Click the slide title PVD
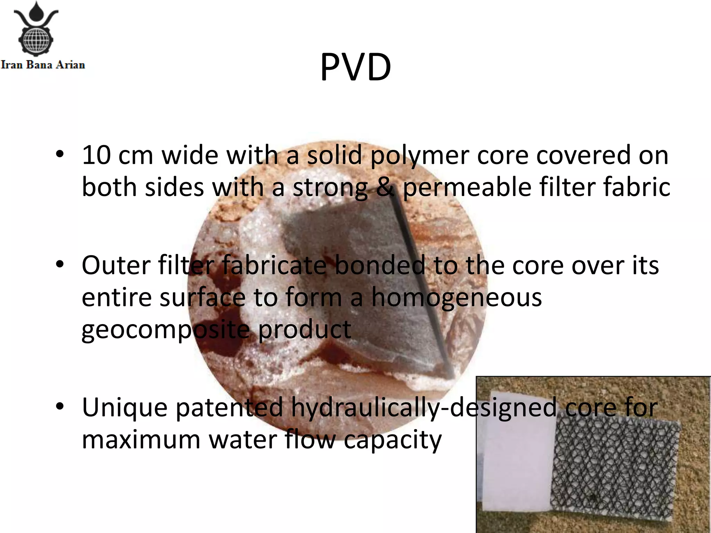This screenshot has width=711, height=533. tap(355, 67)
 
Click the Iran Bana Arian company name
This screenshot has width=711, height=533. tap(43, 65)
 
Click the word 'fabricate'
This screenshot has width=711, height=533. tap(274, 265)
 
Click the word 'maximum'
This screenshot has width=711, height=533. tap(141, 440)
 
